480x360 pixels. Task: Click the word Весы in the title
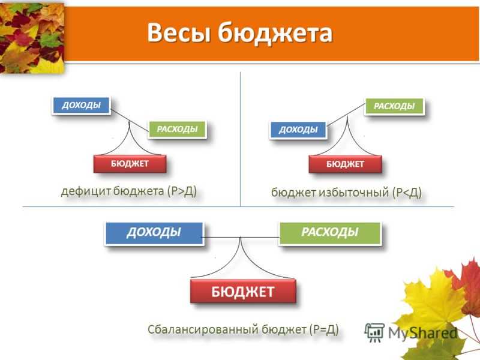click(179, 32)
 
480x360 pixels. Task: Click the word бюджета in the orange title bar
click(275, 33)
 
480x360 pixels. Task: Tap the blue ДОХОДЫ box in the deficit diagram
click(81, 106)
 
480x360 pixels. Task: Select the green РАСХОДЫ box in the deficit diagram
click(177, 129)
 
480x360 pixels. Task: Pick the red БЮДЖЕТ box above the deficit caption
click(130, 164)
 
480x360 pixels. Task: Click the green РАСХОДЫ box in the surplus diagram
click(394, 106)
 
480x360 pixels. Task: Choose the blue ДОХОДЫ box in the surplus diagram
click(298, 130)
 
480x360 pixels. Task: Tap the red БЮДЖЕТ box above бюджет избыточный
click(346, 164)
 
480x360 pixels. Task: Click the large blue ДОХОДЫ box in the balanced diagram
click(154, 233)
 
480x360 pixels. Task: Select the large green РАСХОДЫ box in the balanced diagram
click(330, 233)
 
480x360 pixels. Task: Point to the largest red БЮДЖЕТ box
click(243, 291)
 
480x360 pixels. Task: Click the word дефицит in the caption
click(86, 191)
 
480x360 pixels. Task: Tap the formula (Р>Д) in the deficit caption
click(182, 191)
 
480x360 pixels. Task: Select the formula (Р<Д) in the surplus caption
click(407, 193)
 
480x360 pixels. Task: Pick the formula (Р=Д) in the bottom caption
click(324, 329)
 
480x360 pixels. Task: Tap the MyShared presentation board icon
click(374, 332)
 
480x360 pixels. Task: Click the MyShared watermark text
click(423, 333)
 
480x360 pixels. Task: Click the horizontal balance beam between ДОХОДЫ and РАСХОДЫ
click(241, 237)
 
